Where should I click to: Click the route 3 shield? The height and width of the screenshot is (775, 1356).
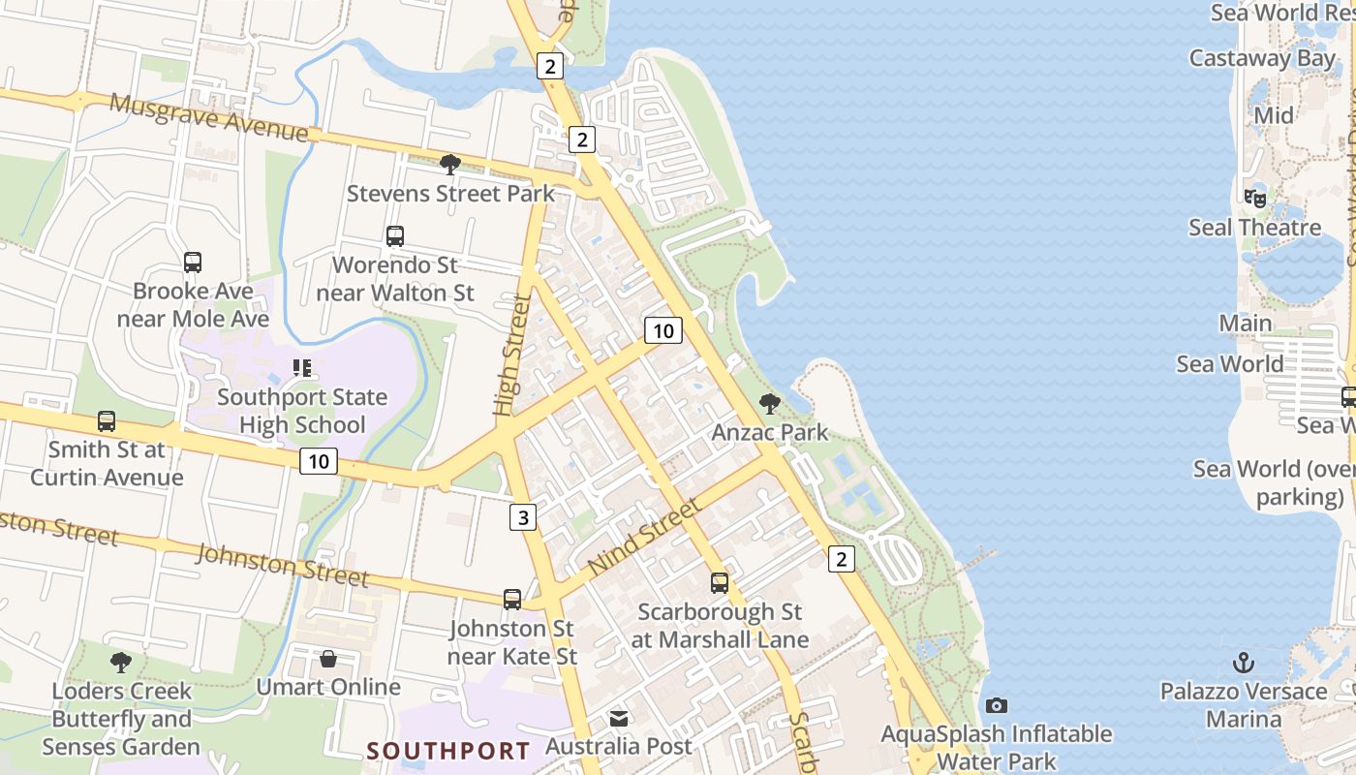(523, 517)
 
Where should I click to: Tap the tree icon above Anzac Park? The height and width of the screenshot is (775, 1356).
(770, 403)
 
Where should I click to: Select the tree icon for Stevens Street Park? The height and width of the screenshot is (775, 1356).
(449, 164)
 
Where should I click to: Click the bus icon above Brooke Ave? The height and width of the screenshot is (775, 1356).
(193, 262)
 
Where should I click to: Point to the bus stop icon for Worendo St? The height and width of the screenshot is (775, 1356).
(394, 235)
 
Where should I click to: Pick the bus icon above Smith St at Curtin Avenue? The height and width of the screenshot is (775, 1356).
(107, 421)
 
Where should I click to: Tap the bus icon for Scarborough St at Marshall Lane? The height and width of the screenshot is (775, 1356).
(719, 582)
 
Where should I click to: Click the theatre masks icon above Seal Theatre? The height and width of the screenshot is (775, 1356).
(1254, 198)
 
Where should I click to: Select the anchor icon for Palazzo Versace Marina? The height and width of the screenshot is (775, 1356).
(1243, 663)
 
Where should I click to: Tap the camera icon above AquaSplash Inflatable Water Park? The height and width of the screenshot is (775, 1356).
(996, 705)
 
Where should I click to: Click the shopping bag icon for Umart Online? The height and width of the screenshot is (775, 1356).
(328, 659)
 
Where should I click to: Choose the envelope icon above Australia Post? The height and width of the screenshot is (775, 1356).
(619, 718)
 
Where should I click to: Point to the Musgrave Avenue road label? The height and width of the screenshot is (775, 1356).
(208, 115)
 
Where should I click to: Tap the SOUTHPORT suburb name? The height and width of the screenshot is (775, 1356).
(448, 751)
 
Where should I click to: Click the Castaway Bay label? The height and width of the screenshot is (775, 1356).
(1261, 58)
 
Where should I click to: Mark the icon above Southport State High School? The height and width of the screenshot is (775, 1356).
(301, 368)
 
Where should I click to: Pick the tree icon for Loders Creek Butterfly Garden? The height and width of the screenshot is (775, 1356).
(121, 663)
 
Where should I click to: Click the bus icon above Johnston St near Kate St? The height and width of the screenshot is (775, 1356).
(512, 600)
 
